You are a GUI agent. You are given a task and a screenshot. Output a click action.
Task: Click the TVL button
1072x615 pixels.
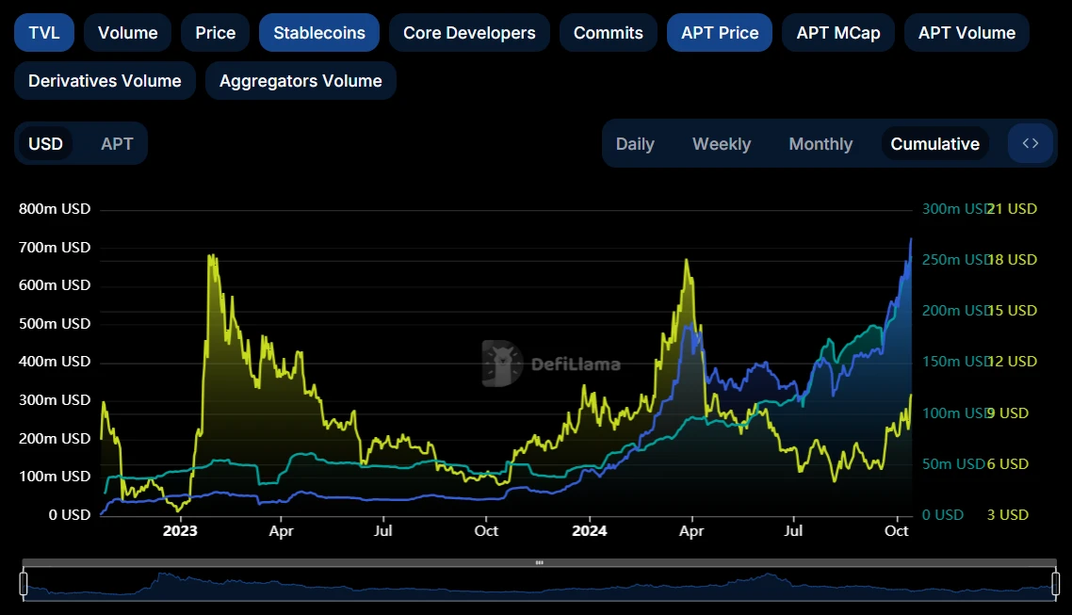coord(43,33)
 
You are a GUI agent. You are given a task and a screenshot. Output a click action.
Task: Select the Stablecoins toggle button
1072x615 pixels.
coord(318,33)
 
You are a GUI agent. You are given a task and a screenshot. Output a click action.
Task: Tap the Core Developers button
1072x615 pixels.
coord(469,33)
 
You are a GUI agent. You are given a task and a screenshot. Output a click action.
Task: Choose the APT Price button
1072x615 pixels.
coord(720,33)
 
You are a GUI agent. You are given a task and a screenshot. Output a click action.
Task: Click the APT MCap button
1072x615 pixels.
coord(837,33)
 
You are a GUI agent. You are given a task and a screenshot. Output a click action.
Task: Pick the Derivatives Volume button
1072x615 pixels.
coord(105,81)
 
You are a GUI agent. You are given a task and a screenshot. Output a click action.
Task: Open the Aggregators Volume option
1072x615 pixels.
coord(300,81)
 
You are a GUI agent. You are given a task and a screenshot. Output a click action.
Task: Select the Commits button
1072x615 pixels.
coord(608,33)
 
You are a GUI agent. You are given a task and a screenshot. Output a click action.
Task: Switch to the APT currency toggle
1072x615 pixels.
coord(117,144)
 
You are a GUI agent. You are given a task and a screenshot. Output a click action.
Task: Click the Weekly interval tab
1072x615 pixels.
coord(722,144)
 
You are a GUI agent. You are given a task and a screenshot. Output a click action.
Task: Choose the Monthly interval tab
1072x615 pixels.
coord(820,144)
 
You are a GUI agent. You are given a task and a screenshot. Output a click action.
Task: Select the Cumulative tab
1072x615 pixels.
coord(934,144)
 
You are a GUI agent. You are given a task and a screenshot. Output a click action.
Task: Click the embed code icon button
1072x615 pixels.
coord(1031,144)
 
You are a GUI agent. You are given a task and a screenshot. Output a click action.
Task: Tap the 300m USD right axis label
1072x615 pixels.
coord(952,209)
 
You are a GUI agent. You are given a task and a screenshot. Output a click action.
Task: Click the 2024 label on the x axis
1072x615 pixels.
coord(589,531)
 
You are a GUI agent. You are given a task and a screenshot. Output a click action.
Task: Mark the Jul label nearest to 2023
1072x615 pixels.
coord(382,531)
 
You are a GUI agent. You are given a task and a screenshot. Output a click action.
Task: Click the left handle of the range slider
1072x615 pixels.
coord(24,584)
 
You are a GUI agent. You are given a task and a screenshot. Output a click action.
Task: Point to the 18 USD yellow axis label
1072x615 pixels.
coord(1012,260)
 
